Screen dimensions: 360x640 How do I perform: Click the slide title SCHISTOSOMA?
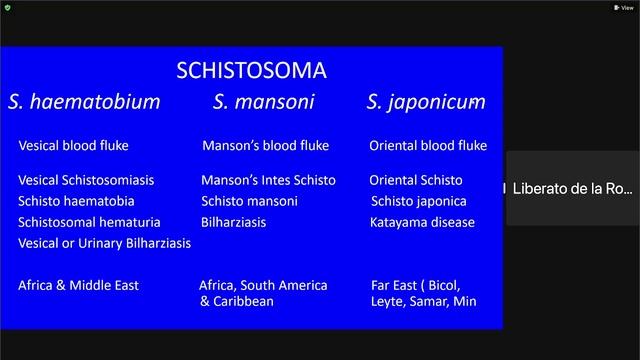click(x=251, y=71)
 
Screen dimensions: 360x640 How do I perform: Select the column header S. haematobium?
click(x=84, y=102)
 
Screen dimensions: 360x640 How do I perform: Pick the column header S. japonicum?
click(x=426, y=102)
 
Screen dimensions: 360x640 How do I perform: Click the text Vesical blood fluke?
click(x=73, y=146)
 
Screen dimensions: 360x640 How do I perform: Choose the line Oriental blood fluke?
click(x=428, y=146)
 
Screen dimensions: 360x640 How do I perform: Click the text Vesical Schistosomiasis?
click(x=86, y=181)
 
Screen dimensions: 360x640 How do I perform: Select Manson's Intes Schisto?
click(x=268, y=181)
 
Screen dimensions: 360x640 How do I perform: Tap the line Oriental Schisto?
click(x=416, y=181)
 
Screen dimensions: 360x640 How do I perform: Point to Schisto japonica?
click(x=418, y=201)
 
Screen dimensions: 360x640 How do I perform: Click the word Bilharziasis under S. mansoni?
click(x=233, y=222)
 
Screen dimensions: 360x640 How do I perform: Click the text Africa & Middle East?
click(x=78, y=285)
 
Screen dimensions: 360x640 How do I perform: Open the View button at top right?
click(x=623, y=7)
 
